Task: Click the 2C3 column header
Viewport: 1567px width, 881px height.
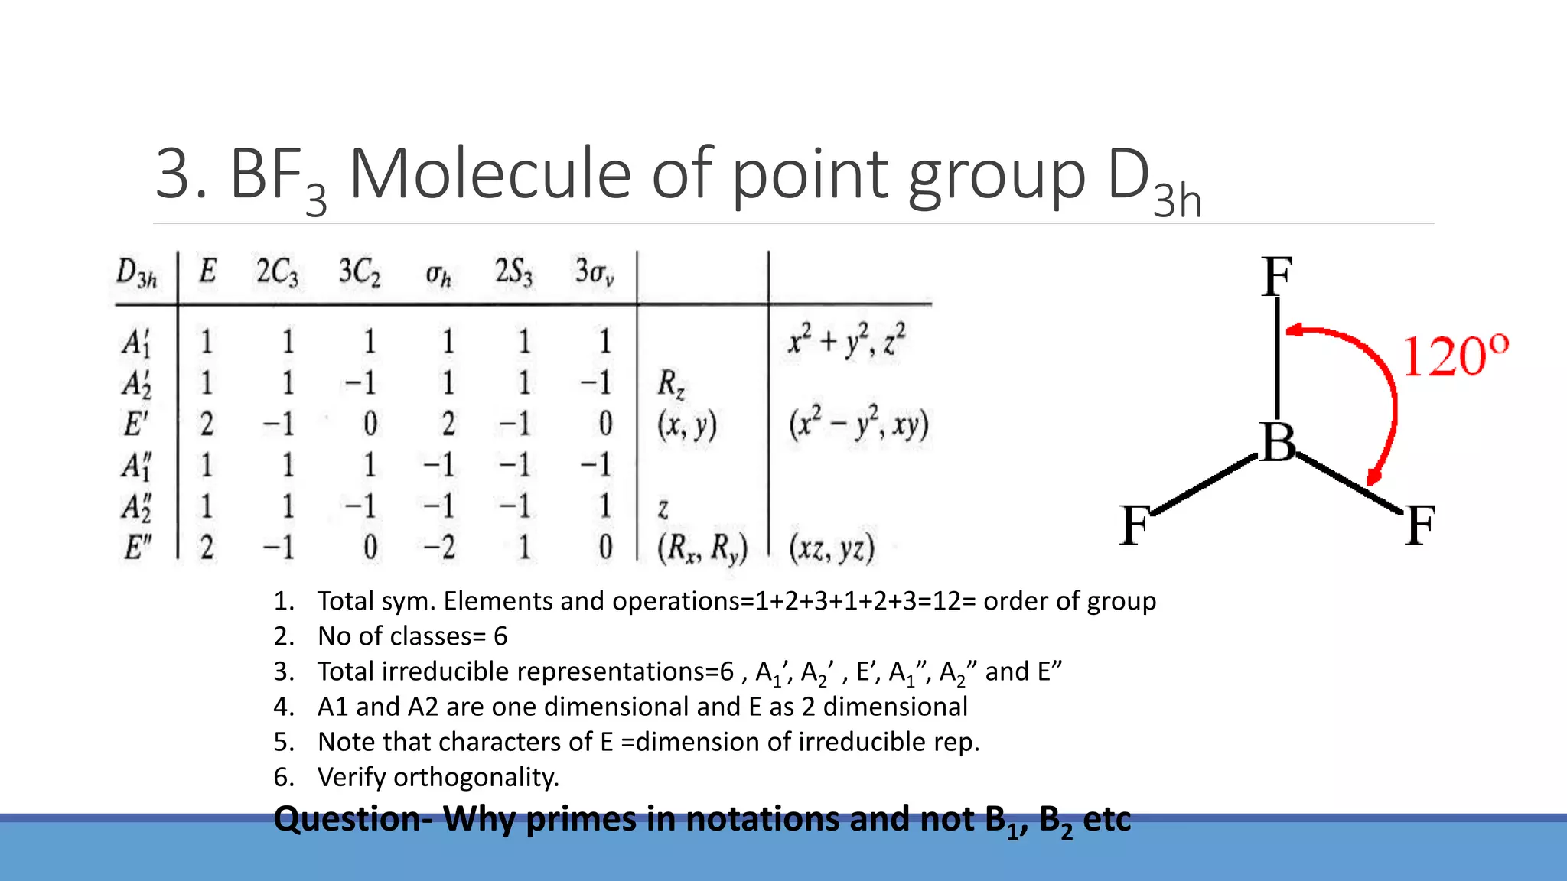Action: (x=277, y=273)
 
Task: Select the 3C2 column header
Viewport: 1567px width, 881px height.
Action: (x=360, y=273)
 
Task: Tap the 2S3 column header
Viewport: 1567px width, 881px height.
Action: (x=513, y=273)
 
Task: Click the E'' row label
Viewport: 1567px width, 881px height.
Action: (x=138, y=548)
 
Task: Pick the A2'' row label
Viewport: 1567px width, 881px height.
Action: (x=137, y=507)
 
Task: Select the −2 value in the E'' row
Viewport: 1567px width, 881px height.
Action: (x=439, y=548)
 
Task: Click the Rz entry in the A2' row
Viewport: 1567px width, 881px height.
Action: (x=671, y=383)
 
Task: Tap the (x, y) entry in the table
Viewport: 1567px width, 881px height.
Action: (x=686, y=425)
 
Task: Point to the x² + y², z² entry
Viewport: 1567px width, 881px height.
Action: (x=847, y=340)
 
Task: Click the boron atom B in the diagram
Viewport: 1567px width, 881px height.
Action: (x=1279, y=443)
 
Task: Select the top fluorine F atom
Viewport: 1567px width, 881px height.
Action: (x=1277, y=277)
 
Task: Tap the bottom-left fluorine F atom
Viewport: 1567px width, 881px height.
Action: (x=1135, y=525)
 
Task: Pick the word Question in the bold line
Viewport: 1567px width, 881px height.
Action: (x=347, y=819)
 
